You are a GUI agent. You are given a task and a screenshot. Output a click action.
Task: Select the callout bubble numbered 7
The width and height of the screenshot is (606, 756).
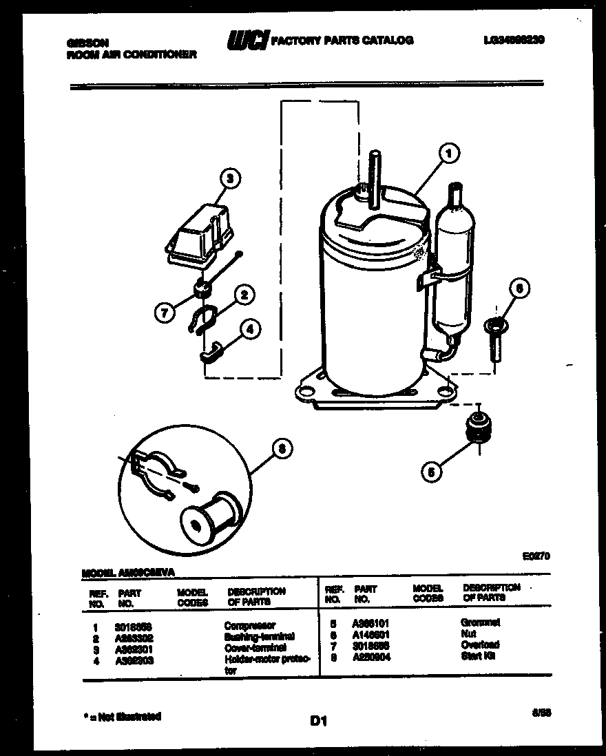pos(163,314)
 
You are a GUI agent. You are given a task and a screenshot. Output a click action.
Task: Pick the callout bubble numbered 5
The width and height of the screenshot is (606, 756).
pos(431,472)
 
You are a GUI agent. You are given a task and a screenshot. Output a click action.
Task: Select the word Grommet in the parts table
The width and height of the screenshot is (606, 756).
pos(480,622)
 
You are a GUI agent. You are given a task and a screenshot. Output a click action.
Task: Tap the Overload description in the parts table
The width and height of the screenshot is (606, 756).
pos(480,644)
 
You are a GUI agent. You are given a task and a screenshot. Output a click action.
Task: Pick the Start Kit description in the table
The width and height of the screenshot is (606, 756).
pos(479,656)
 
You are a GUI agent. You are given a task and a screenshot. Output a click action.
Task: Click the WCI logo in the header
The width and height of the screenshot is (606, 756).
pos(247,41)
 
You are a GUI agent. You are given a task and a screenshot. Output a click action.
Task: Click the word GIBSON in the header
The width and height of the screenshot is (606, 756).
pos(87,42)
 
